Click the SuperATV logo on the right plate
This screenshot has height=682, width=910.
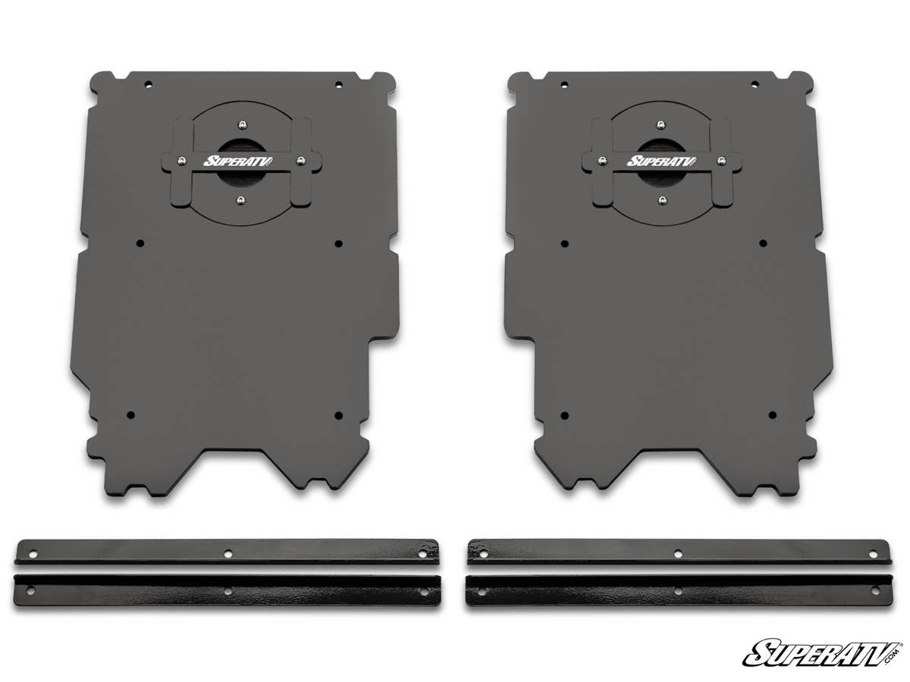coord(653,161)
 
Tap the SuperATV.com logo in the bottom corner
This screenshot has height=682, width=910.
coord(822,652)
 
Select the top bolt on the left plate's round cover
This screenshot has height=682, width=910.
coord(240,124)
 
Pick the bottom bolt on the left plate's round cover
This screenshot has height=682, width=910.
coord(240,199)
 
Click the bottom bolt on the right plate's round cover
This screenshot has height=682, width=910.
coord(662,200)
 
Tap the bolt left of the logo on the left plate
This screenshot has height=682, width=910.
coord(182,160)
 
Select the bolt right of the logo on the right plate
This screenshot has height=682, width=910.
coord(720,161)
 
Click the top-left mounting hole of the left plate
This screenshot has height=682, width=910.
coord(149,84)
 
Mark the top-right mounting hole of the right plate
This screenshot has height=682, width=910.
coord(755,84)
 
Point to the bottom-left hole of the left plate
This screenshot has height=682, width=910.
coord(130,415)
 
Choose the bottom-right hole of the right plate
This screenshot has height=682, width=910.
coord(772,415)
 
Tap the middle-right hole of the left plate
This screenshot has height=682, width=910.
coord(338,243)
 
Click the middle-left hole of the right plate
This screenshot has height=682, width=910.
coord(564,243)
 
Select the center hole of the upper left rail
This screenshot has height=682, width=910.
coord(227,554)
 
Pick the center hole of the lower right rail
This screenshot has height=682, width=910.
coord(678,590)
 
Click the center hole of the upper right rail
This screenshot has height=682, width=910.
coord(678,554)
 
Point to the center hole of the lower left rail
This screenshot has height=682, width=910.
coord(227,590)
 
